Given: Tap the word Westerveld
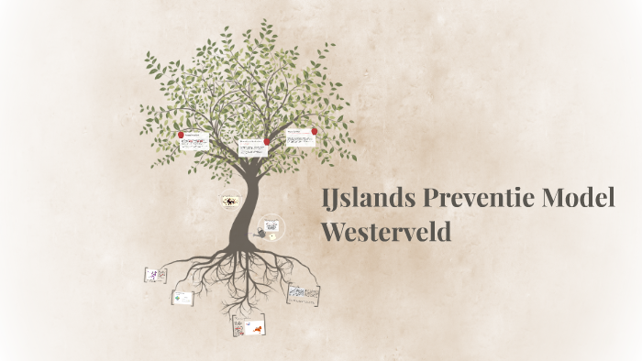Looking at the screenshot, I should pyautogui.click(x=386, y=231).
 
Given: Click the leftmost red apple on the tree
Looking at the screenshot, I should pyautogui.click(x=182, y=135).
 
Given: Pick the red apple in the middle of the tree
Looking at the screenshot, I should pyautogui.click(x=267, y=141).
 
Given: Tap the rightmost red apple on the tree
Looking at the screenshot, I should pyautogui.click(x=315, y=131).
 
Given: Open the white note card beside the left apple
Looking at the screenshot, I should pyautogui.click(x=194, y=142).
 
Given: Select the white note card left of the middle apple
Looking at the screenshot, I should pyautogui.click(x=251, y=147).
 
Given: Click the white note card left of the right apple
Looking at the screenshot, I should pyautogui.click(x=300, y=138).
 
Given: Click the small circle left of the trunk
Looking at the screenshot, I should pyautogui.click(x=230, y=200).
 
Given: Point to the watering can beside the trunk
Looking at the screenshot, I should pyautogui.click(x=261, y=235).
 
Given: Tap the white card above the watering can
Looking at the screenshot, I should pyautogui.click(x=271, y=224).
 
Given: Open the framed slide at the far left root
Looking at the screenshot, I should pyautogui.click(x=155, y=275).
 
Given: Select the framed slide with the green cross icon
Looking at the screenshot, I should pyautogui.click(x=183, y=298).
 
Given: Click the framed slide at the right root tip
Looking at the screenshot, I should pyautogui.click(x=304, y=293).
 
